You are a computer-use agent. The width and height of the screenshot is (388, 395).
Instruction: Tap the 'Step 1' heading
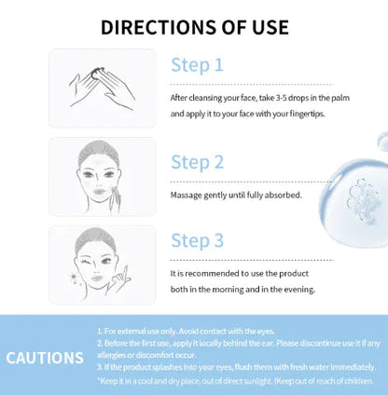pos(197,65)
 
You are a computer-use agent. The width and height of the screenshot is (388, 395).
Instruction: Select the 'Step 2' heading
pos(197,162)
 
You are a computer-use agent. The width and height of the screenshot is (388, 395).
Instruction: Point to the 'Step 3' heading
pos(197,240)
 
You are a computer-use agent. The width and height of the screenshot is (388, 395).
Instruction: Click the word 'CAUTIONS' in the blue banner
pos(44,358)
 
